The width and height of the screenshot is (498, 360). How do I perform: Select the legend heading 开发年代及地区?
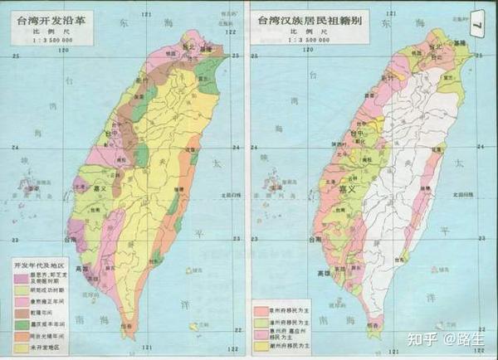41,264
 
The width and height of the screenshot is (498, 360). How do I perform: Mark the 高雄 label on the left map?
81,269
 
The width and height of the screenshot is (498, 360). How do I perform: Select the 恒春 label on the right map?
359,326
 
